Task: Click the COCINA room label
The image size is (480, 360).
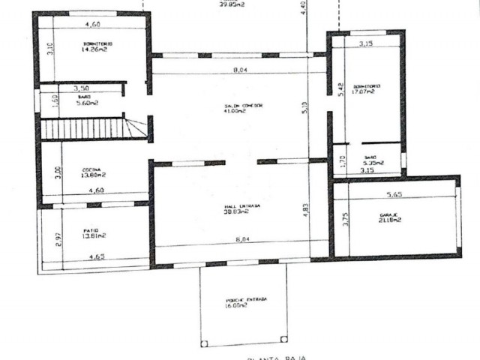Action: [x=92, y=170]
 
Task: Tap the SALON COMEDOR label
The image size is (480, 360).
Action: [x=242, y=106]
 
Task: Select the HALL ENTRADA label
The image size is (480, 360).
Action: [x=241, y=205]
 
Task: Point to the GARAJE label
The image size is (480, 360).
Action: [x=390, y=214]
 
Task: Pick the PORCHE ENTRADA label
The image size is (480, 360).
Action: [x=245, y=299]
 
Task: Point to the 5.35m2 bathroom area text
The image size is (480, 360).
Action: [x=373, y=163]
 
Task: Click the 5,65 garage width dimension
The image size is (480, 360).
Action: [x=395, y=195]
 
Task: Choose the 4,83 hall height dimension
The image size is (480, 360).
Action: [x=306, y=209]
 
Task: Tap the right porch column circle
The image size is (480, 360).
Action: [x=283, y=344]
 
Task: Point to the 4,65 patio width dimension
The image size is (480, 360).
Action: [x=97, y=257]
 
